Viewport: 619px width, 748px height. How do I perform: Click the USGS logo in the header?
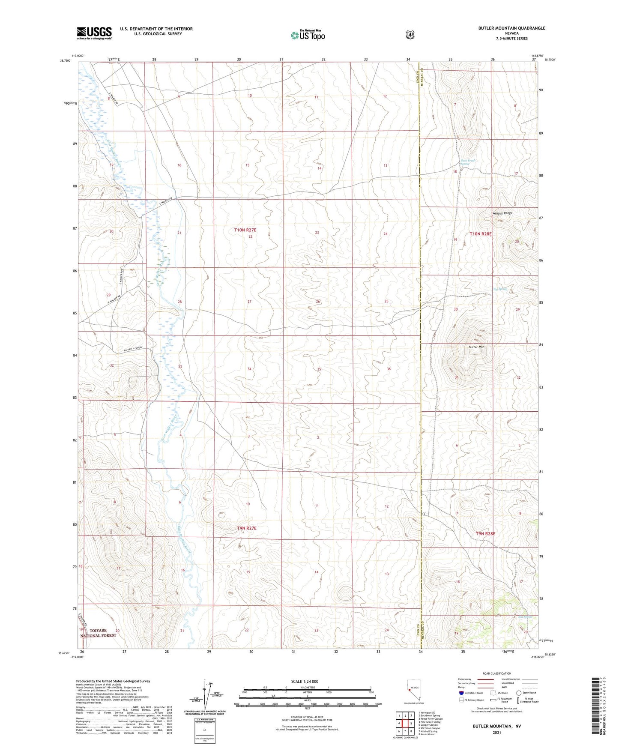coord(94,33)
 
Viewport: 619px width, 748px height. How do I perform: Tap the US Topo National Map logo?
coord(308,35)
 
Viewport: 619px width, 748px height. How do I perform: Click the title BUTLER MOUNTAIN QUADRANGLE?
coord(511,28)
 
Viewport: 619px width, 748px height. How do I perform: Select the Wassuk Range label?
coord(502,213)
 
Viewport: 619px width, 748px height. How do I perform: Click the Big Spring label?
coord(500,289)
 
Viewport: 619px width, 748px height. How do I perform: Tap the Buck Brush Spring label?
coord(467,162)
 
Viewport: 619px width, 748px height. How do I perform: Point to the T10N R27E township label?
coord(245,230)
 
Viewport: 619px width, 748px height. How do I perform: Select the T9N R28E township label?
coord(485,534)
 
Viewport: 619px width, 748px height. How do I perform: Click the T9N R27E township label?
coord(246,528)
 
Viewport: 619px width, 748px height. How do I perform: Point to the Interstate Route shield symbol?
coord(461,693)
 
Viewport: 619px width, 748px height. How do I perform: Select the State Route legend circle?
coord(519,693)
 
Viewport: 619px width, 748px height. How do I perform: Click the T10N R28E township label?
coord(481,234)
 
